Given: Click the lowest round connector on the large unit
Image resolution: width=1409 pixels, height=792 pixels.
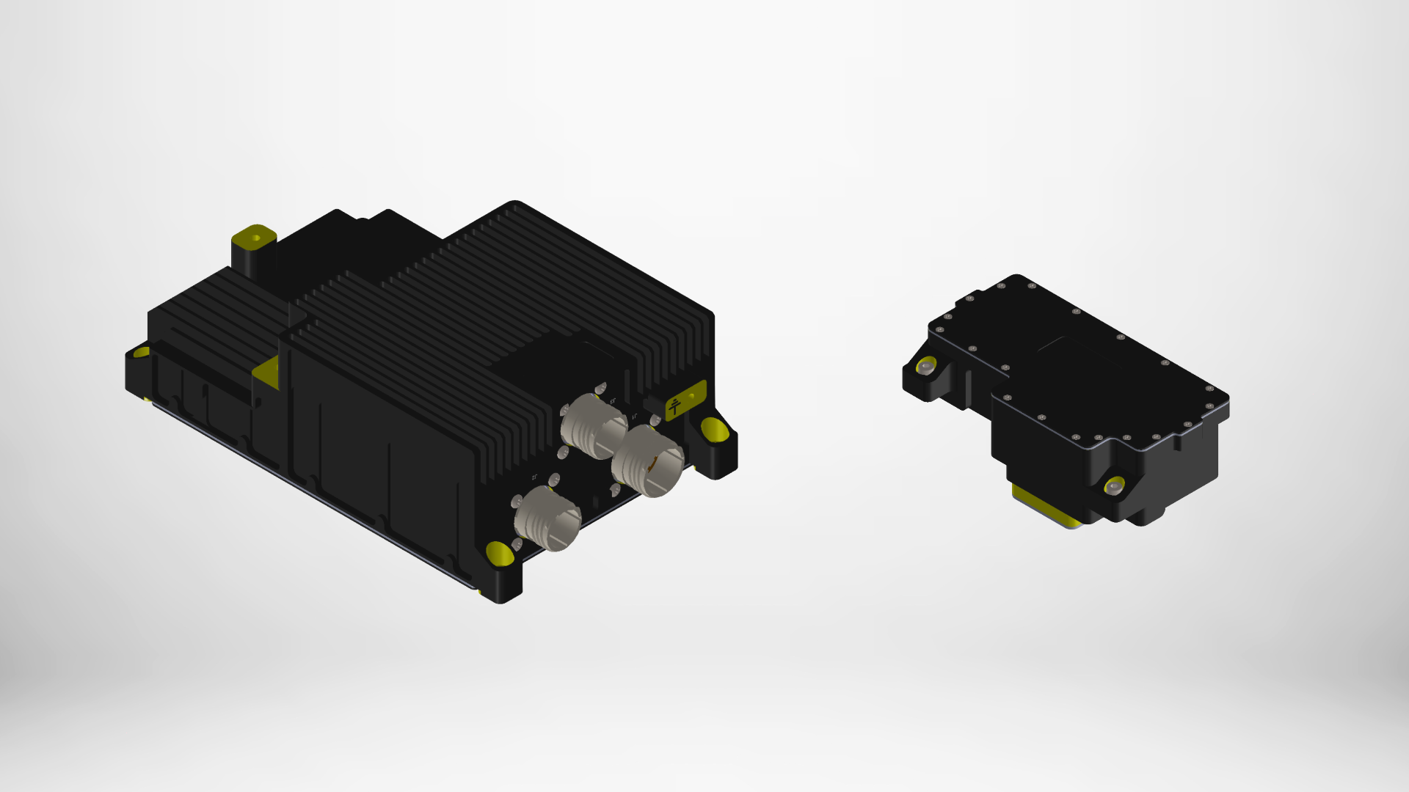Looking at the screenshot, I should point(548,518).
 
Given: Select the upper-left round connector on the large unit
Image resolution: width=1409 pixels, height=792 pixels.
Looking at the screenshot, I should point(594,425).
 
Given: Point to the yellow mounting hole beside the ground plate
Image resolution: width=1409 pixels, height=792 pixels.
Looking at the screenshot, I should point(714,429).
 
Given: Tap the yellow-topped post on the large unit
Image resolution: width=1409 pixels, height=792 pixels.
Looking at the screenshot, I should point(254,238).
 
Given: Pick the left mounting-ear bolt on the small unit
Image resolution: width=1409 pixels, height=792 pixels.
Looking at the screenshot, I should point(926,366).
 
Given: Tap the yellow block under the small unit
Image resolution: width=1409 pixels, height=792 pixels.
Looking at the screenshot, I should point(1042,506).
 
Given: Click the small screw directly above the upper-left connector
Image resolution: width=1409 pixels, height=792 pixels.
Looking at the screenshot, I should point(600,387).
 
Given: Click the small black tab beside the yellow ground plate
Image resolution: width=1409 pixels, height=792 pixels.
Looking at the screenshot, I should point(650,403).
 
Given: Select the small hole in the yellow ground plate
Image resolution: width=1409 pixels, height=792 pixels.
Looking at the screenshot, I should point(691,397).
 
